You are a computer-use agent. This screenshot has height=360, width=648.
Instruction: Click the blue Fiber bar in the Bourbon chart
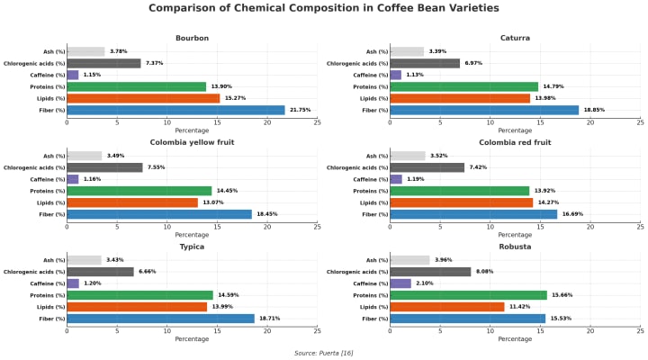point(175,110)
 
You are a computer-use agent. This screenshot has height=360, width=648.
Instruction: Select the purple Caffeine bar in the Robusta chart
point(400,283)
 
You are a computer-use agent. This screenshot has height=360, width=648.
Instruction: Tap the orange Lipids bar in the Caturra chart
point(460,98)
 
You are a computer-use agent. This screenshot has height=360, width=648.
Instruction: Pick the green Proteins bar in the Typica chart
point(139,295)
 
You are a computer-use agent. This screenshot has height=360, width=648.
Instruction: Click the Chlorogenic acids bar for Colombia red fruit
point(427,167)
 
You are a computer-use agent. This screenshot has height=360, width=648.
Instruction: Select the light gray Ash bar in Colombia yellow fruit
point(84,156)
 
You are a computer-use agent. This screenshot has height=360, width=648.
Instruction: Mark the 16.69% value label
point(572,214)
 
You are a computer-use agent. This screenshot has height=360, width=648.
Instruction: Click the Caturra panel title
point(515,38)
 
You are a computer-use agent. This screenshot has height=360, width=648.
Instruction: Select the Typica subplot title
point(192,247)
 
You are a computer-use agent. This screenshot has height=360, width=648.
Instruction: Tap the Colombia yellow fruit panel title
point(192,142)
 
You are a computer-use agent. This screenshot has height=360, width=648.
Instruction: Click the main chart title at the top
point(323,8)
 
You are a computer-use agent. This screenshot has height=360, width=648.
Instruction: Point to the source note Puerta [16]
point(323,353)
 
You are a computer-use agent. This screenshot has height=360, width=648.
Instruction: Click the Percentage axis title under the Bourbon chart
point(192,130)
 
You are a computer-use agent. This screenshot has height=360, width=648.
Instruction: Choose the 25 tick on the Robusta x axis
point(640,330)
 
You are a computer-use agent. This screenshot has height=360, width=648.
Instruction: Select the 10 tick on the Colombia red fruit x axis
point(490,226)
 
